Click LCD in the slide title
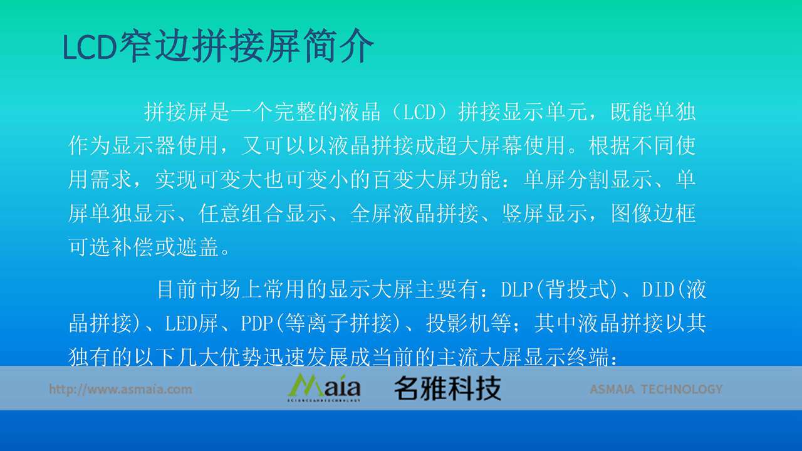90,47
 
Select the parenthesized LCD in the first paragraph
419,112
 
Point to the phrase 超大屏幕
479,146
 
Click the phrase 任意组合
241,214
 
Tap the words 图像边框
653,214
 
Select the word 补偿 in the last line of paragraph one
132,247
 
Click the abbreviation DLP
516,289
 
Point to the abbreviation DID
658,289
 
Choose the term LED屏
192,323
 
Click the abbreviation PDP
256,323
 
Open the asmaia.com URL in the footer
120,389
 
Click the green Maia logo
324,388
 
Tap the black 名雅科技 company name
447,388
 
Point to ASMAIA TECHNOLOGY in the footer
656,389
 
